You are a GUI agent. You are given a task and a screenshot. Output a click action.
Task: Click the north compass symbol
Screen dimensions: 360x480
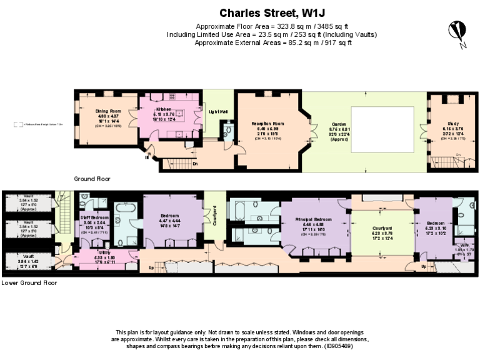(458, 31)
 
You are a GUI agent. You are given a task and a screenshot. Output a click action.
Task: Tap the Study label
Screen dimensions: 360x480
(444, 124)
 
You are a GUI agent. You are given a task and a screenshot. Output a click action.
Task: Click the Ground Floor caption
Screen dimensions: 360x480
(92, 179)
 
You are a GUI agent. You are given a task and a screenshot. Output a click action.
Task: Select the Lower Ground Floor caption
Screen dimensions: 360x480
(29, 282)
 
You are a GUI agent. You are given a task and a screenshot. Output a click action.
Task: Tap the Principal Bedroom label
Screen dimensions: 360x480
(313, 220)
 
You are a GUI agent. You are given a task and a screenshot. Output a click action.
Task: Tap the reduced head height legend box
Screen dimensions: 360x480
(19, 124)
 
